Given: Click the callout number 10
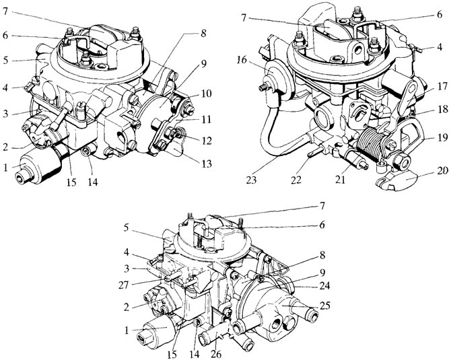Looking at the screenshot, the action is [x=205, y=94].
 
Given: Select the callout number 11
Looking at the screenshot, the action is [x=205, y=119].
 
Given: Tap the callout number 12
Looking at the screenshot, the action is [x=205, y=141].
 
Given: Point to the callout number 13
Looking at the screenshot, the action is [x=205, y=164].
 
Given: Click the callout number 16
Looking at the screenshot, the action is [x=242, y=61].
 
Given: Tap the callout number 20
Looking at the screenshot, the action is [x=442, y=170].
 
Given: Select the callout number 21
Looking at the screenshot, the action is [x=340, y=180].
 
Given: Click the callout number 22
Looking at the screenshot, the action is [x=296, y=180].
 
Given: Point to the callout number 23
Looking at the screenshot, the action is [x=251, y=180].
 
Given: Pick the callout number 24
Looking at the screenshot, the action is [x=324, y=286].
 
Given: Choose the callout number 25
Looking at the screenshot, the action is [x=324, y=305].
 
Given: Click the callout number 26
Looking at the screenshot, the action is [x=217, y=355].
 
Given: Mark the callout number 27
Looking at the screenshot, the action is [x=125, y=286].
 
